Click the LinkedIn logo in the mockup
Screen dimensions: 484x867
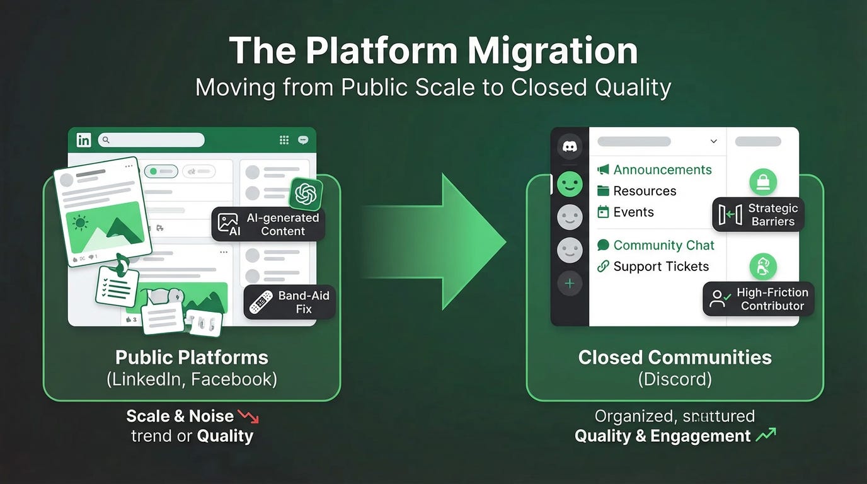(x=84, y=140)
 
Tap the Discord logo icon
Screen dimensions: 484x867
(x=570, y=146)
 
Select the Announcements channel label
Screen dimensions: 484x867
(x=662, y=170)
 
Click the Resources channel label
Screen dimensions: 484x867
(x=645, y=191)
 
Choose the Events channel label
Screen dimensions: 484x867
(x=633, y=212)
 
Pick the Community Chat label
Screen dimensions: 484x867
(x=663, y=245)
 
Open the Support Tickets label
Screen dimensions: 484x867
(x=661, y=267)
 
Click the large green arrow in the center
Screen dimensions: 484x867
(x=441, y=241)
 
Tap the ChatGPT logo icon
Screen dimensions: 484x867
(x=306, y=193)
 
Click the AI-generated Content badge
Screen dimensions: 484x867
(x=268, y=224)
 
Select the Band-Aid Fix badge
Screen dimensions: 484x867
(x=290, y=302)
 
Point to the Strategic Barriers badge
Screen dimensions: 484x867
(x=759, y=215)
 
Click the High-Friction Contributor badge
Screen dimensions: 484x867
(x=759, y=299)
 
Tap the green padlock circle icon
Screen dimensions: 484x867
(x=762, y=183)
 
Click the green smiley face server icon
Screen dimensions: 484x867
(x=570, y=185)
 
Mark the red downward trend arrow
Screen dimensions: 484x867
(x=248, y=416)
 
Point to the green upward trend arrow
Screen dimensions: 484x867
(x=766, y=434)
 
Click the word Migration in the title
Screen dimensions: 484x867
(x=553, y=51)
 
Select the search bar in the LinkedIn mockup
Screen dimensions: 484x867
(x=151, y=140)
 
